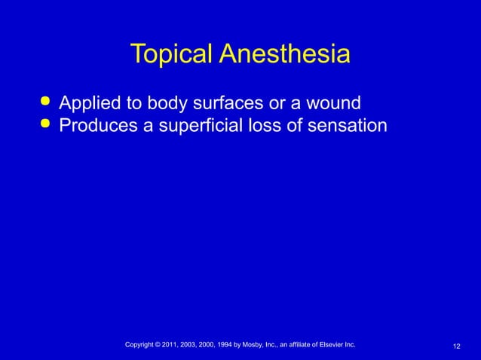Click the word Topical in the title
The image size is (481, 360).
coord(172,55)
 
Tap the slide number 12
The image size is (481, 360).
coord(457,346)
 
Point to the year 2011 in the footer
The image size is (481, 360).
coord(179,345)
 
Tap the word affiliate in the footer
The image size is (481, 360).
coord(297,345)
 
